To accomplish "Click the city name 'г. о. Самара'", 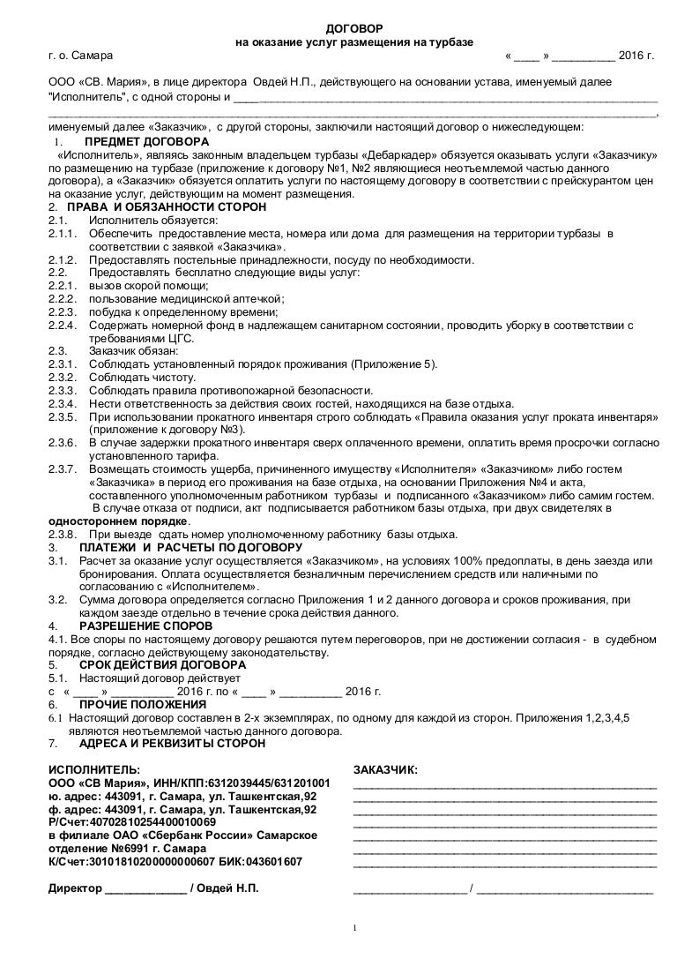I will pos(74,56).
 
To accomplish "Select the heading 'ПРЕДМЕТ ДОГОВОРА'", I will pos(146,141).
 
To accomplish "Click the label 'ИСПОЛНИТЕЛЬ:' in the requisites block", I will pos(93,769).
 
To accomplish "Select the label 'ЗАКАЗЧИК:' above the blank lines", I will pos(385,769).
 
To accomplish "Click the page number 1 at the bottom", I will pos(353,928).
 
